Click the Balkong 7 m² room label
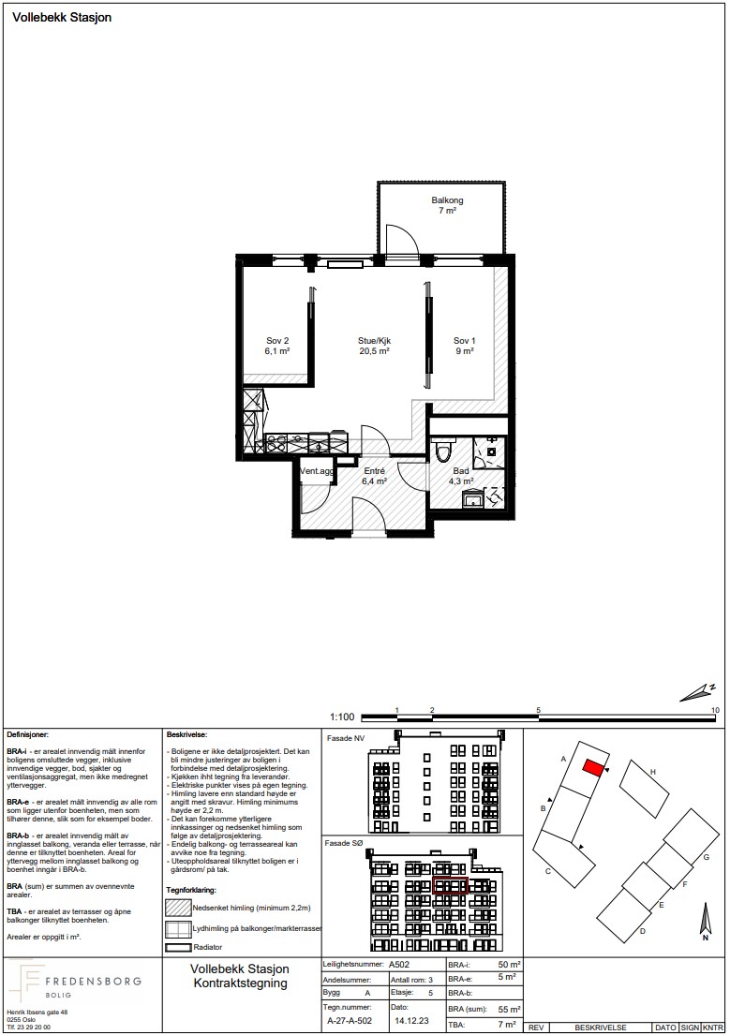[x=447, y=205]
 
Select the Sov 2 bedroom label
[x=277, y=346]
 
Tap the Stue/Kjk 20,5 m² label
[x=375, y=346]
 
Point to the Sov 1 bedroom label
[x=465, y=346]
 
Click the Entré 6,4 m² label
[x=374, y=476]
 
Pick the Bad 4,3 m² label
[x=461, y=476]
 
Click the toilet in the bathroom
[x=443, y=451]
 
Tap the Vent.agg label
[x=317, y=471]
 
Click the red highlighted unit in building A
[x=592, y=768]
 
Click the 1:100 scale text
[x=342, y=717]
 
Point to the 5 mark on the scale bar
[x=539, y=710]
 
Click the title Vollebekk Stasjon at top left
[x=62, y=18]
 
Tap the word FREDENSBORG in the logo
[x=93, y=981]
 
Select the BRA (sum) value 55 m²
[x=509, y=1010]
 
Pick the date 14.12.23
[x=410, y=1020]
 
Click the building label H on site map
[x=653, y=772]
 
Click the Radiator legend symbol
[x=177, y=947]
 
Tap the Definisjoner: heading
[x=28, y=734]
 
